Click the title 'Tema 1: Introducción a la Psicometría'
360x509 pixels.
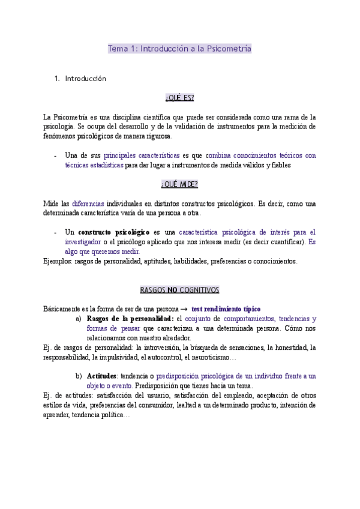pos(179,49)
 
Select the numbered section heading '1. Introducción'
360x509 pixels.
pos(85,79)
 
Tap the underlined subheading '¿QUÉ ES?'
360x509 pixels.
pos(179,97)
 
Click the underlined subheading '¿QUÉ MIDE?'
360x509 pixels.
pos(179,184)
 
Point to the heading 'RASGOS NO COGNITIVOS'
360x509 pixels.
pos(179,290)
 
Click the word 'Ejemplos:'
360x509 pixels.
pos(58,261)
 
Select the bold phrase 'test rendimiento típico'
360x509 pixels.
pos(226,309)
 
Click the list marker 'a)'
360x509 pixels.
pos(79,319)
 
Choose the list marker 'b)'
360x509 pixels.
pos(79,376)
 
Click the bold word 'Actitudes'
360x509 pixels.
pos(102,376)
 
